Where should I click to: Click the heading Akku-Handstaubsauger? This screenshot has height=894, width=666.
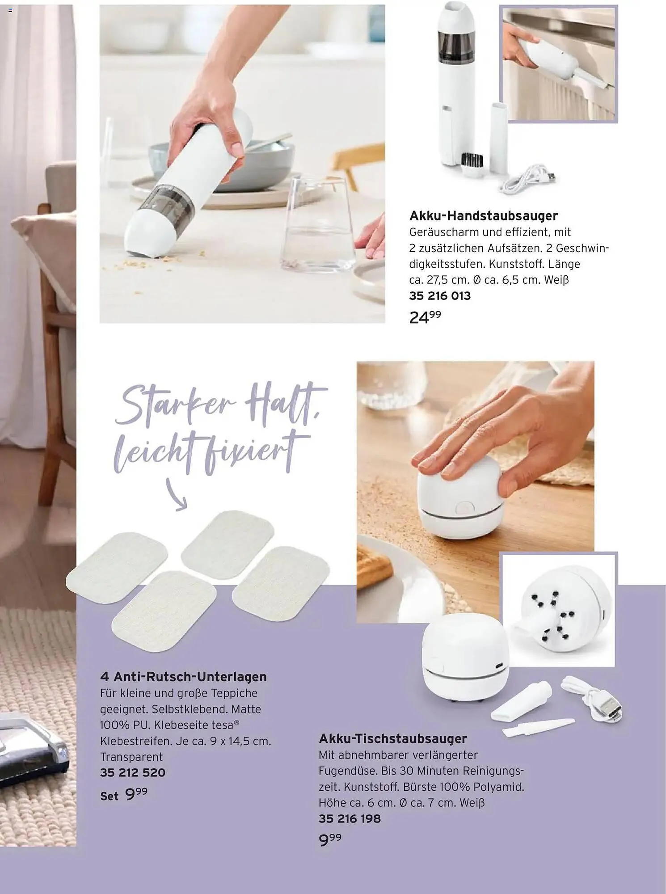click(x=484, y=216)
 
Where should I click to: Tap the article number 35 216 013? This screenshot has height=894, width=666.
click(x=440, y=296)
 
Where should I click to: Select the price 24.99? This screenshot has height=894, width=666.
click(x=425, y=317)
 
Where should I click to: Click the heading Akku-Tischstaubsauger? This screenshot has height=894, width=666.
click(x=393, y=738)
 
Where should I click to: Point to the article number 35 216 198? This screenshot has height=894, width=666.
click(x=350, y=818)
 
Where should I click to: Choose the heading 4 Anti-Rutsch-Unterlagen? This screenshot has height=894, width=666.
click(x=183, y=677)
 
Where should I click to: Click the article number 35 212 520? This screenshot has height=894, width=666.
click(x=133, y=772)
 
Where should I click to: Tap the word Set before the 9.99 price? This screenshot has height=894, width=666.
click(x=110, y=796)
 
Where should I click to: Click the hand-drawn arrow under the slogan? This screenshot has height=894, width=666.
click(x=176, y=493)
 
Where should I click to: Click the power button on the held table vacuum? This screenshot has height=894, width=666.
click(x=464, y=507)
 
